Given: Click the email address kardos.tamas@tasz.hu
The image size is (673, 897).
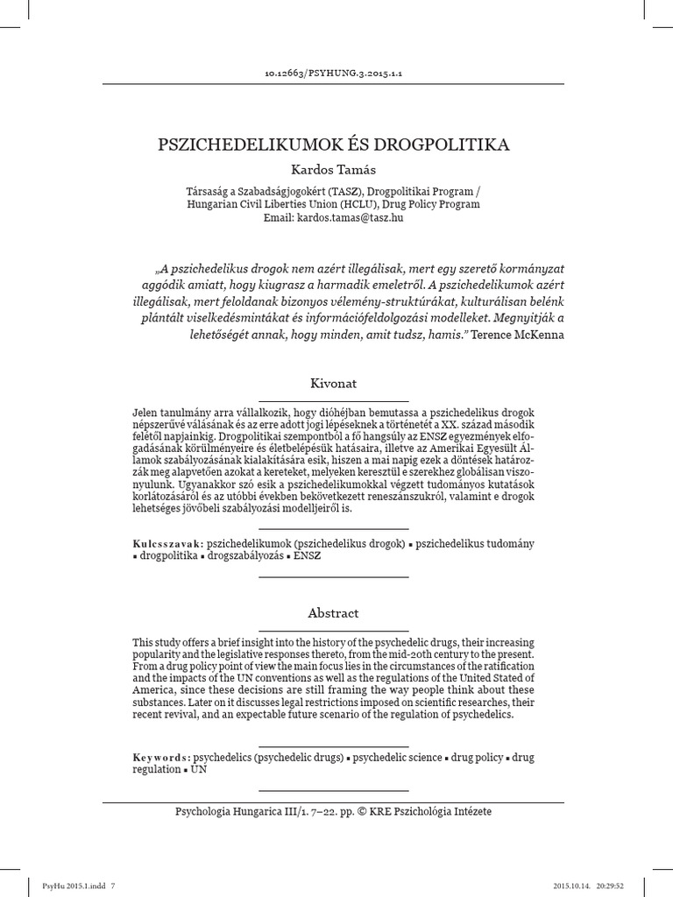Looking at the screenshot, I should tap(351, 217).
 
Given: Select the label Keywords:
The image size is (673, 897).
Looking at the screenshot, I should tap(161, 756).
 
